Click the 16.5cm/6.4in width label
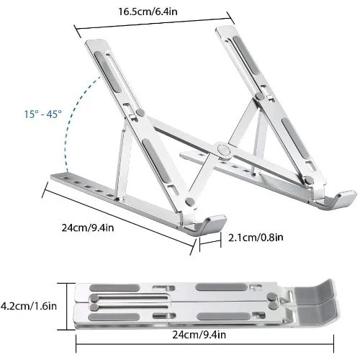[148, 12]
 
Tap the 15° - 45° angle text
[43, 114]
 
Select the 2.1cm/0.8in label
[256, 238]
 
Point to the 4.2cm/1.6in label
[29, 306]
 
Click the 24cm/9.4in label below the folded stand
[199, 335]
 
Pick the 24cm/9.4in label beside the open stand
[88, 228]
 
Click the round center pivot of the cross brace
[224, 150]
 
